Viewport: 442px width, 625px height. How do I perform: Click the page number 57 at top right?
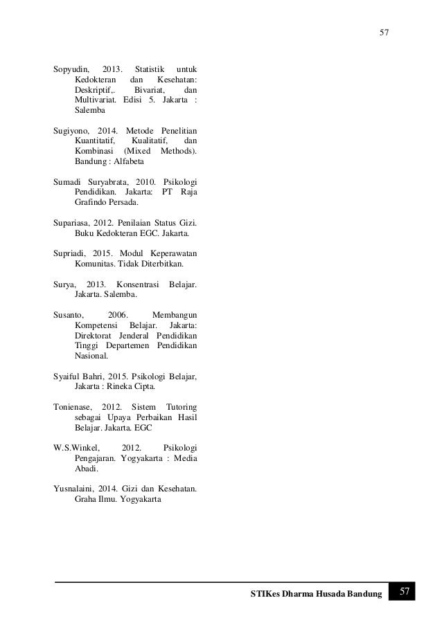tap(384, 32)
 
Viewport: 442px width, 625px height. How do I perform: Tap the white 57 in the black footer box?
tap(405, 592)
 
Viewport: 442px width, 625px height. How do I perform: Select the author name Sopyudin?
tap(71, 69)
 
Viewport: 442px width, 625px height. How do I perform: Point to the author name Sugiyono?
tap(72, 130)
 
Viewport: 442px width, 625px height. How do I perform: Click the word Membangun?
tap(174, 315)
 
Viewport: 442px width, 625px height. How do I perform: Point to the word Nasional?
tap(91, 356)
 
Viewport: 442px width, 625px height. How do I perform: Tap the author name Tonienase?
tap(73, 405)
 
